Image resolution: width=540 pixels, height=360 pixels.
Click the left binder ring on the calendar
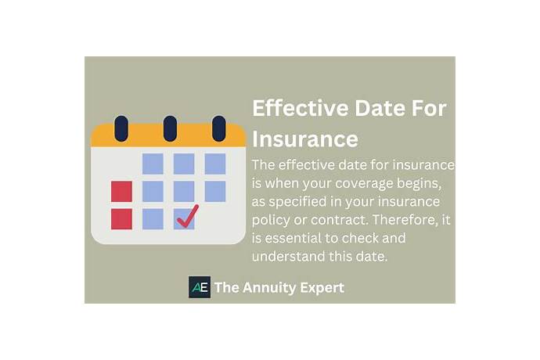(121, 128)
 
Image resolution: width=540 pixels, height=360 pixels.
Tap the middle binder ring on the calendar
(170, 128)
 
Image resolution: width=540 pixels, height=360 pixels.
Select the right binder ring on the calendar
(219, 128)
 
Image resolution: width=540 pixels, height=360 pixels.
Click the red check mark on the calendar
(187, 216)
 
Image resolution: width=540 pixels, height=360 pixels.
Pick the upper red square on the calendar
(121, 191)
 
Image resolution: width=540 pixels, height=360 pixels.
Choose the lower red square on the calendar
(121, 218)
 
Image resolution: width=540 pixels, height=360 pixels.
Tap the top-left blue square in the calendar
(153, 164)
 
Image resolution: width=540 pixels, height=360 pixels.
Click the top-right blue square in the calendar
(215, 164)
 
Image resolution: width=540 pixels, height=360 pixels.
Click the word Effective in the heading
(294, 109)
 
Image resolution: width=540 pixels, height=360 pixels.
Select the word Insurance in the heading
(305, 139)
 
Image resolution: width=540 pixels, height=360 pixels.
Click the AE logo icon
(200, 287)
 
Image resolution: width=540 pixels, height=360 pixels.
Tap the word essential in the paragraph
(298, 239)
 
